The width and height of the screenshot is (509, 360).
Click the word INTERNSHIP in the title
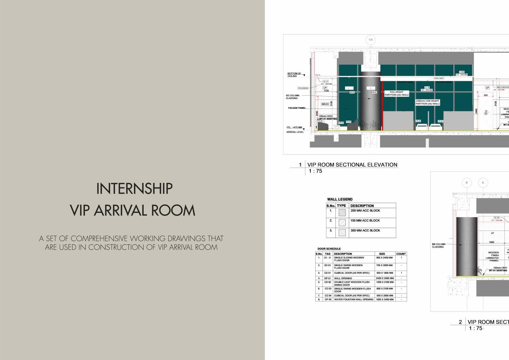134,189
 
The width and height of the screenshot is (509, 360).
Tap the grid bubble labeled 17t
370,40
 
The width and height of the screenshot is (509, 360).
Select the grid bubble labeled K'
467,183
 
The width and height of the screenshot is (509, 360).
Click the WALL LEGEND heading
340,199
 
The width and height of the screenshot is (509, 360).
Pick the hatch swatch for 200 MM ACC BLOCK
342,213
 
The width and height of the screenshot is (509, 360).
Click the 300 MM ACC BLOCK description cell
365,230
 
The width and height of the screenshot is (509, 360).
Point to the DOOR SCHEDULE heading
329,249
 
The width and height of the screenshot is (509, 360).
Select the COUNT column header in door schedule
401,254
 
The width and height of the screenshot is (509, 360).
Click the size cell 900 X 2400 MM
384,258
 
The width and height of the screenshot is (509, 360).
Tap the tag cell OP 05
328,299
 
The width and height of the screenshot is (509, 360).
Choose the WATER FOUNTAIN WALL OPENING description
353,299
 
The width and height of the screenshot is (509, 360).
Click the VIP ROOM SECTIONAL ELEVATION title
352,165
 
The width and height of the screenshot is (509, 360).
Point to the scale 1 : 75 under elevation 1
315,171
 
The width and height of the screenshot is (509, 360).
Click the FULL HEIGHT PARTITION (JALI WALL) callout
397,93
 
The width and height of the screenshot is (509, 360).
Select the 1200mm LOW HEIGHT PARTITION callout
427,103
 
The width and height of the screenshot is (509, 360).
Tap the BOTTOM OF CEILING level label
294,75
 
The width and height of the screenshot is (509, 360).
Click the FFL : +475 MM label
294,127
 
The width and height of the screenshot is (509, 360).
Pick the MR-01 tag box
325,104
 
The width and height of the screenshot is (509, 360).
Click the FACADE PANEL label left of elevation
297,108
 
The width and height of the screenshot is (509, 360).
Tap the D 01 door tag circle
486,113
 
